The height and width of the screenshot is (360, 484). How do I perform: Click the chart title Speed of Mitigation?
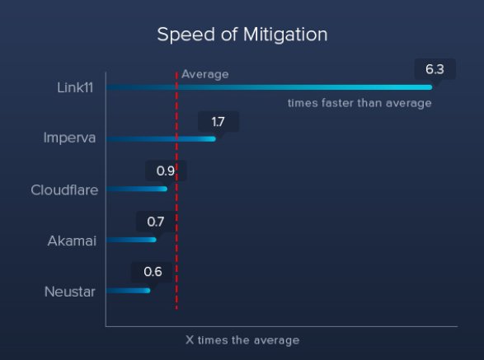tap(242, 35)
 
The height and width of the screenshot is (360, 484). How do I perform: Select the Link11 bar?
tap(269, 87)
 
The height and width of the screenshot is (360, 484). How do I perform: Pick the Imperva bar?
tap(161, 139)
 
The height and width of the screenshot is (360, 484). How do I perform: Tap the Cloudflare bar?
tap(137, 189)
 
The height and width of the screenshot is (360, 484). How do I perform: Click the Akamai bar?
tap(131, 240)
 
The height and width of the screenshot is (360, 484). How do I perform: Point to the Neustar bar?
tap(128, 291)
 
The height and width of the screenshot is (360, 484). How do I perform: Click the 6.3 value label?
tap(435, 69)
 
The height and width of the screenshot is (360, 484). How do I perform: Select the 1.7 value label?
tap(219, 122)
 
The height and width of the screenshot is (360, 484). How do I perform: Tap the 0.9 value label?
tap(166, 171)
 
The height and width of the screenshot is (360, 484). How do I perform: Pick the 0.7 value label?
tap(156, 222)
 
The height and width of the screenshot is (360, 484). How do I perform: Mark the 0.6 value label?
tap(153, 272)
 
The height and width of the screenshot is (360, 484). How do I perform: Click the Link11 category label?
tap(75, 87)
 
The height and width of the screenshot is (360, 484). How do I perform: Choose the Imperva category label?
tap(69, 138)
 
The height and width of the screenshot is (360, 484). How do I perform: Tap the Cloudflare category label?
tap(64, 190)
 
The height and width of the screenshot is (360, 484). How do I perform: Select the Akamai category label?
tap(72, 241)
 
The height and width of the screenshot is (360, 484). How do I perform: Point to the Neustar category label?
tap(70, 292)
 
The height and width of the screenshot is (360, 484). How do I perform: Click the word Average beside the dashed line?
tap(205, 74)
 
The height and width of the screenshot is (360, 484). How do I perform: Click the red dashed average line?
tap(176, 190)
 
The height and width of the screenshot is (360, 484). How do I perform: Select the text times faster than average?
tap(359, 103)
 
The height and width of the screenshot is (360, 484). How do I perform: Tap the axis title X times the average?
tap(242, 340)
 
